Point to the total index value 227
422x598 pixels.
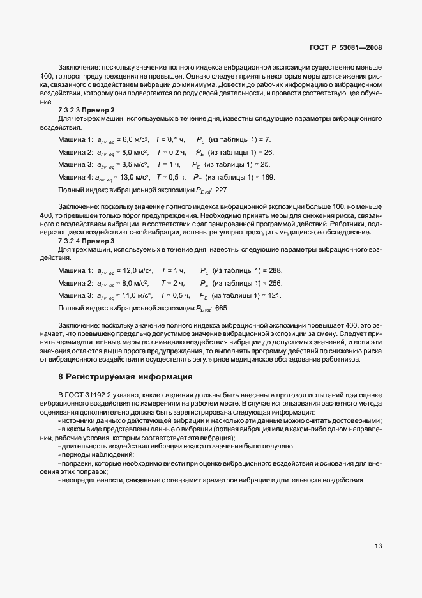tap(222, 190)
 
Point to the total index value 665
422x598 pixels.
tap(222, 308)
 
